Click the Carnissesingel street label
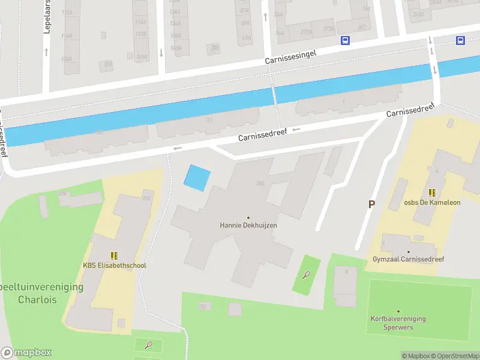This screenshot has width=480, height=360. pos(290,57)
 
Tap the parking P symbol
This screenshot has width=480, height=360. pos(371,204)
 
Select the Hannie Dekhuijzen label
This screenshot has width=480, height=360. pos(248,226)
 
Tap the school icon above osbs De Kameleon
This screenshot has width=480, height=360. pos(432,193)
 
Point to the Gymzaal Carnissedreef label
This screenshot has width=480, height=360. pos(408,259)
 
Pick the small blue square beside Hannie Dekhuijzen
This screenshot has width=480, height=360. pos(197,178)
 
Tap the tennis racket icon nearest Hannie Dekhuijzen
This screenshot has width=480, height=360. pos(307,275)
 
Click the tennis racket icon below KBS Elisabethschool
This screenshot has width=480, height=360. pos(149,345)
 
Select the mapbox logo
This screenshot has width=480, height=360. pos(26,353)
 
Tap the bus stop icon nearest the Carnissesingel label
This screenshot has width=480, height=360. pos(345,41)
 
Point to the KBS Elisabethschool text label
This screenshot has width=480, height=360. pos(114,266)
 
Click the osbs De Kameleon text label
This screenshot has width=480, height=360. pos(432,202)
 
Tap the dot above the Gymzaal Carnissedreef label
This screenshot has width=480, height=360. pos(408,252)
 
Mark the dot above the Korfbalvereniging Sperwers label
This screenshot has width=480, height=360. pos(398,311)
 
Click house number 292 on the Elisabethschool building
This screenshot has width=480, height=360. pos(146,198)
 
